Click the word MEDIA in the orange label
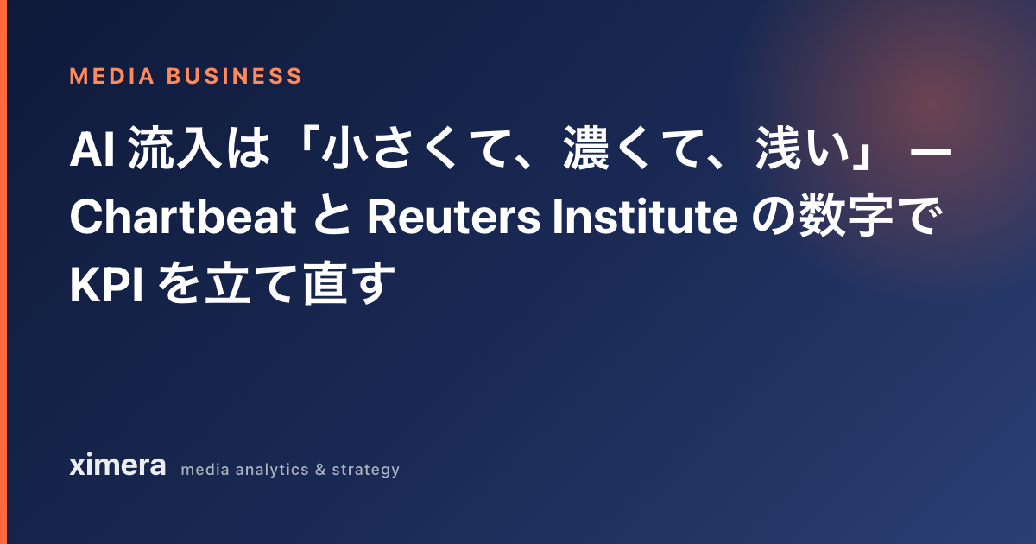click(x=112, y=76)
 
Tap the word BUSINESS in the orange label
click(x=235, y=76)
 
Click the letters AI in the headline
click(x=92, y=150)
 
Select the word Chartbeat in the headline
click(x=183, y=217)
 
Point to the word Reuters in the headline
click(x=454, y=217)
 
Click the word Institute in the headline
click(x=645, y=217)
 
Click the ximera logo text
click(x=117, y=465)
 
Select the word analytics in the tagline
click(x=272, y=470)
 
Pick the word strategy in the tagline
click(x=366, y=471)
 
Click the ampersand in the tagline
click(x=320, y=470)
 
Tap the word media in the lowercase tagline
click(x=205, y=470)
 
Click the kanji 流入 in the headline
click(x=174, y=149)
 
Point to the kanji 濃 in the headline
click(x=586, y=149)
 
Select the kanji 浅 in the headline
click(x=779, y=149)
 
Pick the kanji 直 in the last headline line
click(x=325, y=283)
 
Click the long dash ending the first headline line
click(x=930, y=151)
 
